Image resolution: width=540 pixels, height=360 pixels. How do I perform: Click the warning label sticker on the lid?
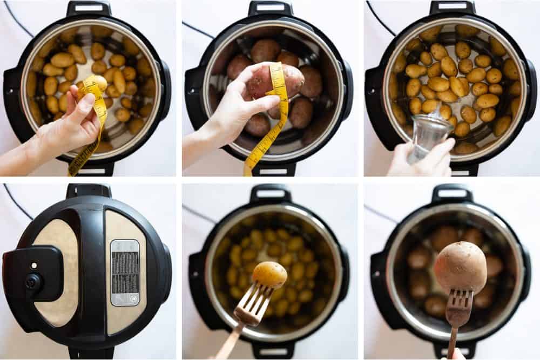pyautogui.click(x=125, y=273)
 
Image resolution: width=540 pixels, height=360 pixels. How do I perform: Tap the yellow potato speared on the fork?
pyautogui.click(x=269, y=274)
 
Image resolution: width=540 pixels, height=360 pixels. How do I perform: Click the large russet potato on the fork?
pyautogui.click(x=461, y=267)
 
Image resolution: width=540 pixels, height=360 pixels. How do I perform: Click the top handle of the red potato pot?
pyautogui.click(x=269, y=8)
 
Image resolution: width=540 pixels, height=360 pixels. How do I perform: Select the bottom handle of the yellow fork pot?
pyautogui.click(x=270, y=351)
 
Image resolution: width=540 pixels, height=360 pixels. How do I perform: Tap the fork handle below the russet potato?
pyautogui.click(x=451, y=343)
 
